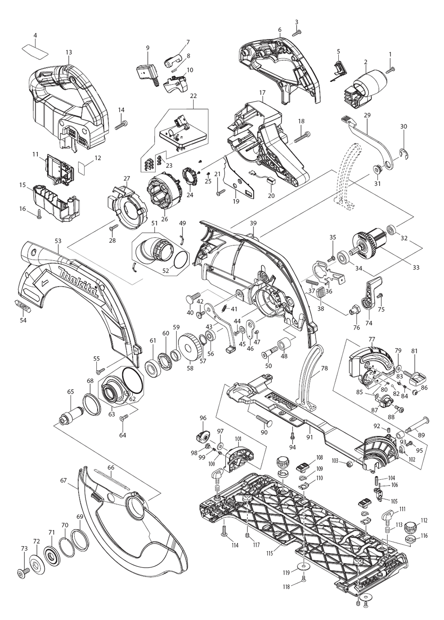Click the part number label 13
(x=68, y=52)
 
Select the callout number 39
(x=253, y=223)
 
